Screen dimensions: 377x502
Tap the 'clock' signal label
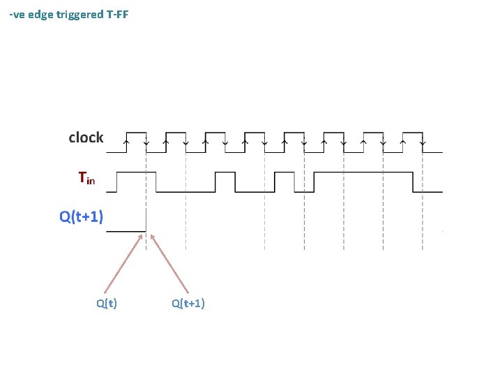(86, 138)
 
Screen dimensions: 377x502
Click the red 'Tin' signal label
(86, 179)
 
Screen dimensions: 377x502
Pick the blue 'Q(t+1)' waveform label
(81, 216)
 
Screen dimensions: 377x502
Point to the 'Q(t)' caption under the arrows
(107, 303)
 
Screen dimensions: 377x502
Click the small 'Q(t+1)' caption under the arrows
(188, 303)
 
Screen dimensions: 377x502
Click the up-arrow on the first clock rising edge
(125, 142)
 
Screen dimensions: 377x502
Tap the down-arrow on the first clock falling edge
(146, 144)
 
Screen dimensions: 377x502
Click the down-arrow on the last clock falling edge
(423, 144)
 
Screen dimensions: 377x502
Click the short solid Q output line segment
(125, 230)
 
